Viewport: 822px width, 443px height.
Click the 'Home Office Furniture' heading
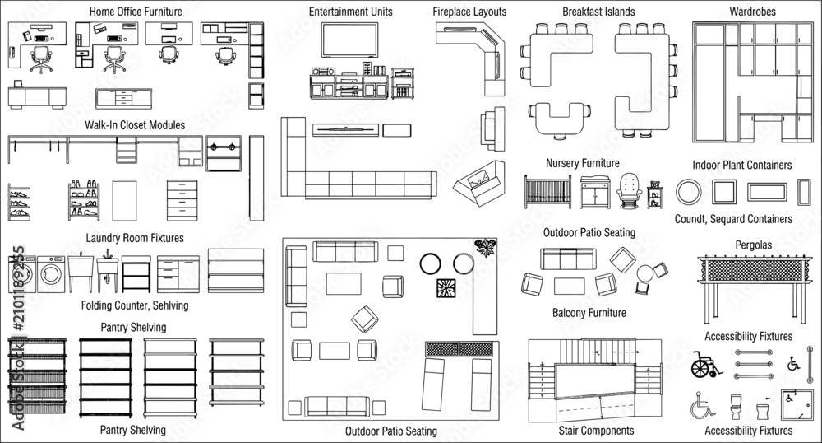click(x=136, y=12)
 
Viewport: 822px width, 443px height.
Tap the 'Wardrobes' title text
click(x=752, y=12)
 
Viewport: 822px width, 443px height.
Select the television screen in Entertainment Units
click(x=349, y=40)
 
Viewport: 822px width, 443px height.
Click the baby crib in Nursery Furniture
click(x=547, y=192)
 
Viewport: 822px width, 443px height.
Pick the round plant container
click(x=688, y=192)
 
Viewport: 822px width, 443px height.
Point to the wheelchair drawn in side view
click(x=705, y=364)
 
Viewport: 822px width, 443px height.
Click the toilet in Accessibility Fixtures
click(x=736, y=406)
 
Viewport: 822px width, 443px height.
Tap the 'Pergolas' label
click(x=753, y=245)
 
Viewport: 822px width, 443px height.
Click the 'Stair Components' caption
click(x=596, y=431)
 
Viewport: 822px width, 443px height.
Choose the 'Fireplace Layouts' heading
click(x=469, y=12)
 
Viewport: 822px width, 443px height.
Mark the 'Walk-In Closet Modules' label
click(x=135, y=125)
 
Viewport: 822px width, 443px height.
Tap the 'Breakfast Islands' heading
click(x=598, y=12)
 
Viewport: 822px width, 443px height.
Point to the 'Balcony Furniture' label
click(x=589, y=314)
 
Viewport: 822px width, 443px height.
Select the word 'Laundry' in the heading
click(x=103, y=238)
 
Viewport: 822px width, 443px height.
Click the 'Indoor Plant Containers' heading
click(x=741, y=166)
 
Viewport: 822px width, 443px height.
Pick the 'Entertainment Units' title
click(x=351, y=12)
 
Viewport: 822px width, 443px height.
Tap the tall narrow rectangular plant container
click(x=804, y=192)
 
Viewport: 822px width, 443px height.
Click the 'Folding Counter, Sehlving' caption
click(x=135, y=305)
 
